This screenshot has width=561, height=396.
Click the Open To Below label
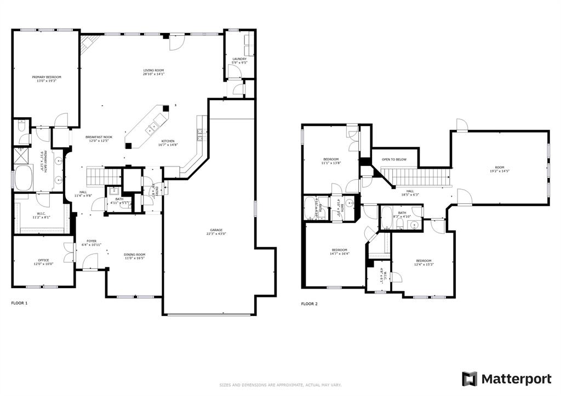pos(394,159)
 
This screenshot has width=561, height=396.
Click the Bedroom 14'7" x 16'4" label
pos(340,251)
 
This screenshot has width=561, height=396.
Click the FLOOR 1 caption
pos(19,303)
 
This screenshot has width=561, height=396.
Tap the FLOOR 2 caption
pos(309,303)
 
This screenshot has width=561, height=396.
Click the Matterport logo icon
pos(470,378)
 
